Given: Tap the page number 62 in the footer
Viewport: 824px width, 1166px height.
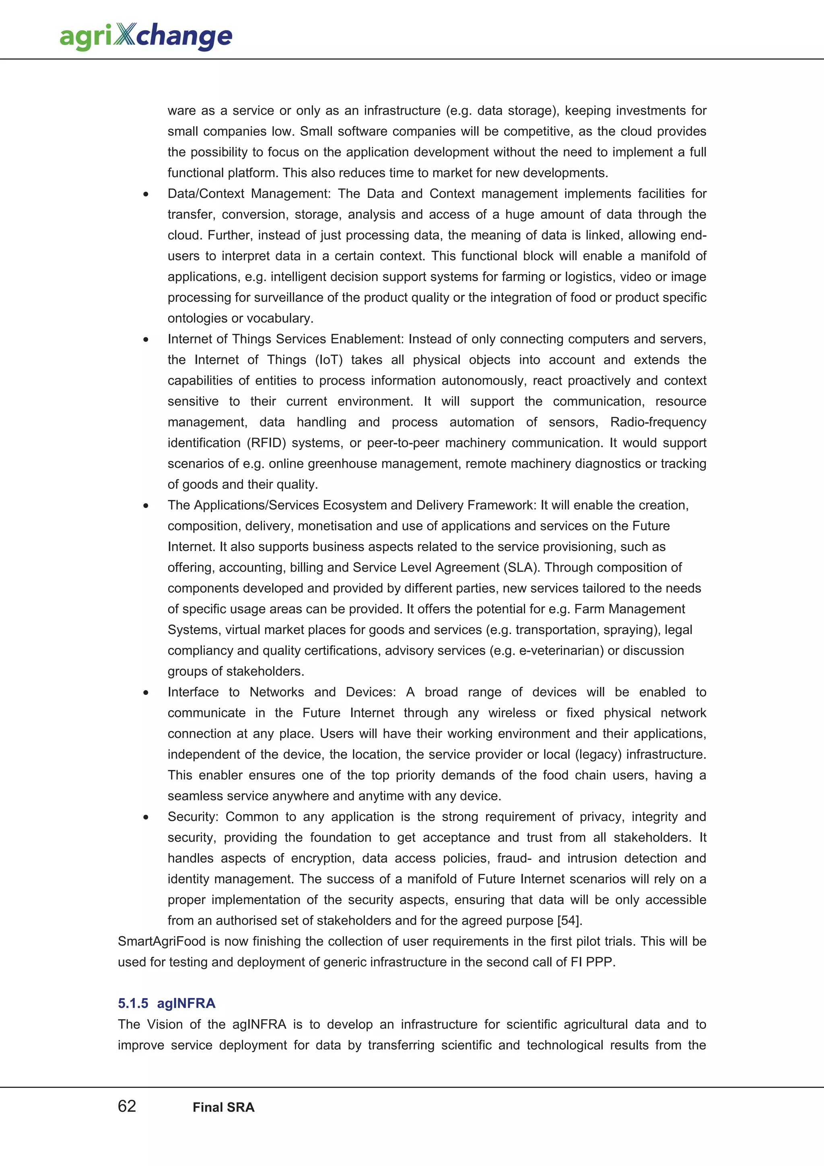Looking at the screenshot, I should [x=127, y=1106].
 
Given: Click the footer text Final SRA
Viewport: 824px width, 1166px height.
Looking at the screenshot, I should [x=223, y=1107].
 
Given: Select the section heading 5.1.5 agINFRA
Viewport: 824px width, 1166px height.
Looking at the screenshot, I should [x=167, y=1003].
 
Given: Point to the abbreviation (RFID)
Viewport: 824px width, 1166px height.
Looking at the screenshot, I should [x=266, y=443].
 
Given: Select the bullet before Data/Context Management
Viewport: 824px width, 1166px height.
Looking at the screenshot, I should [x=146, y=194].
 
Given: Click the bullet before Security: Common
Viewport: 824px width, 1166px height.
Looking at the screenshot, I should [x=146, y=818].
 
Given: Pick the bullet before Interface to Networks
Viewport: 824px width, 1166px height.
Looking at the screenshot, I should [x=146, y=693].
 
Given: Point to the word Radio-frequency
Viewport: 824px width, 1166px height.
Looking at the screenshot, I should [x=658, y=422].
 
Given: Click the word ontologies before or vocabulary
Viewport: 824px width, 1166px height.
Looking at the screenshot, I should [x=198, y=318].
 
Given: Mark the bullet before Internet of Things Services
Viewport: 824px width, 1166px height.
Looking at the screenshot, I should [x=146, y=340].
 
